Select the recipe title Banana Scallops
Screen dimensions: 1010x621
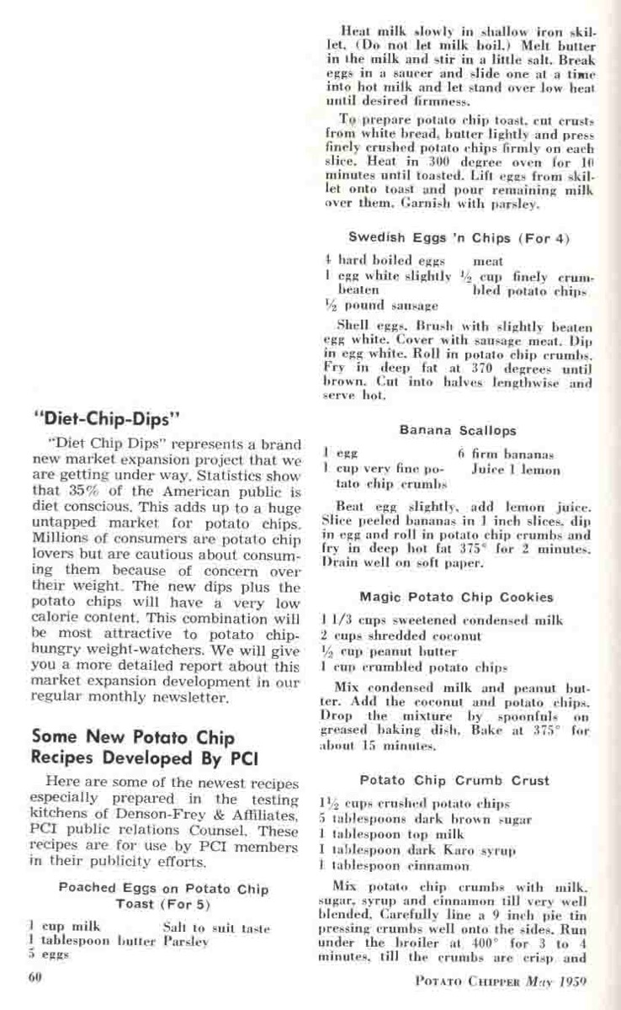tap(458, 431)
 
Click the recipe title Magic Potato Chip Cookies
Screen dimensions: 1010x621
tap(457, 598)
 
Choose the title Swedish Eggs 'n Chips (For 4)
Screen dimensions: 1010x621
tap(459, 238)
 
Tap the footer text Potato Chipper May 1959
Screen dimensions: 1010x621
tap(502, 981)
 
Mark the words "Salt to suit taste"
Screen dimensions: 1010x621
tap(216, 928)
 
